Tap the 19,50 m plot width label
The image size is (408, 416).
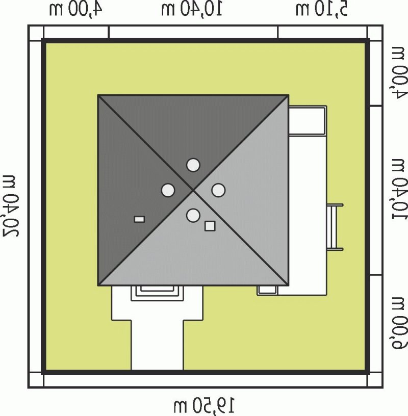204,406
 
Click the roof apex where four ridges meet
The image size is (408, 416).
193,190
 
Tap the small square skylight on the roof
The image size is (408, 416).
210,226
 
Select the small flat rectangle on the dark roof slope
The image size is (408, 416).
139,219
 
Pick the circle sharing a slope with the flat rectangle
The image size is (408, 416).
168,190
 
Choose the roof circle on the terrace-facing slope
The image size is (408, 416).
218,190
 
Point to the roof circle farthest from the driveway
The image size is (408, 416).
193,165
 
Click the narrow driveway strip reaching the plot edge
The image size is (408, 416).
157,347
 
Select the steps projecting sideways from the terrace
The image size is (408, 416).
336,226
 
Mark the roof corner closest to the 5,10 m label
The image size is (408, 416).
289,95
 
